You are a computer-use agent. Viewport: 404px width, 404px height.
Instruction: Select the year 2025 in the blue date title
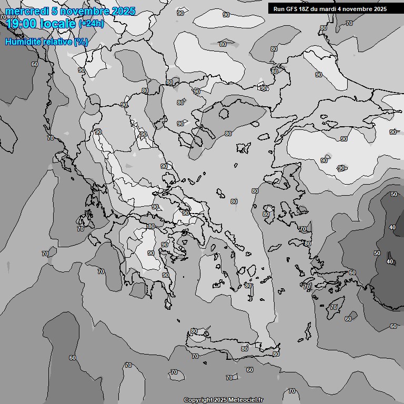122,11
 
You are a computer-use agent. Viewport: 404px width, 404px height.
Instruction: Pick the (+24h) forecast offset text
91,24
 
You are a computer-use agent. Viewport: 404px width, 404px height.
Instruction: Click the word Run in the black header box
279,9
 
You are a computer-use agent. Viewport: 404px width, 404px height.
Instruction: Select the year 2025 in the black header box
380,9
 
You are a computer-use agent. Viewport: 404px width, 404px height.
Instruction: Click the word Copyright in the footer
198,400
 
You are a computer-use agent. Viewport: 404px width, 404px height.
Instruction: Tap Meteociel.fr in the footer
246,400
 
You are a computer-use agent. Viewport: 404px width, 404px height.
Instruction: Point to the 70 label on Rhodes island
334,307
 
